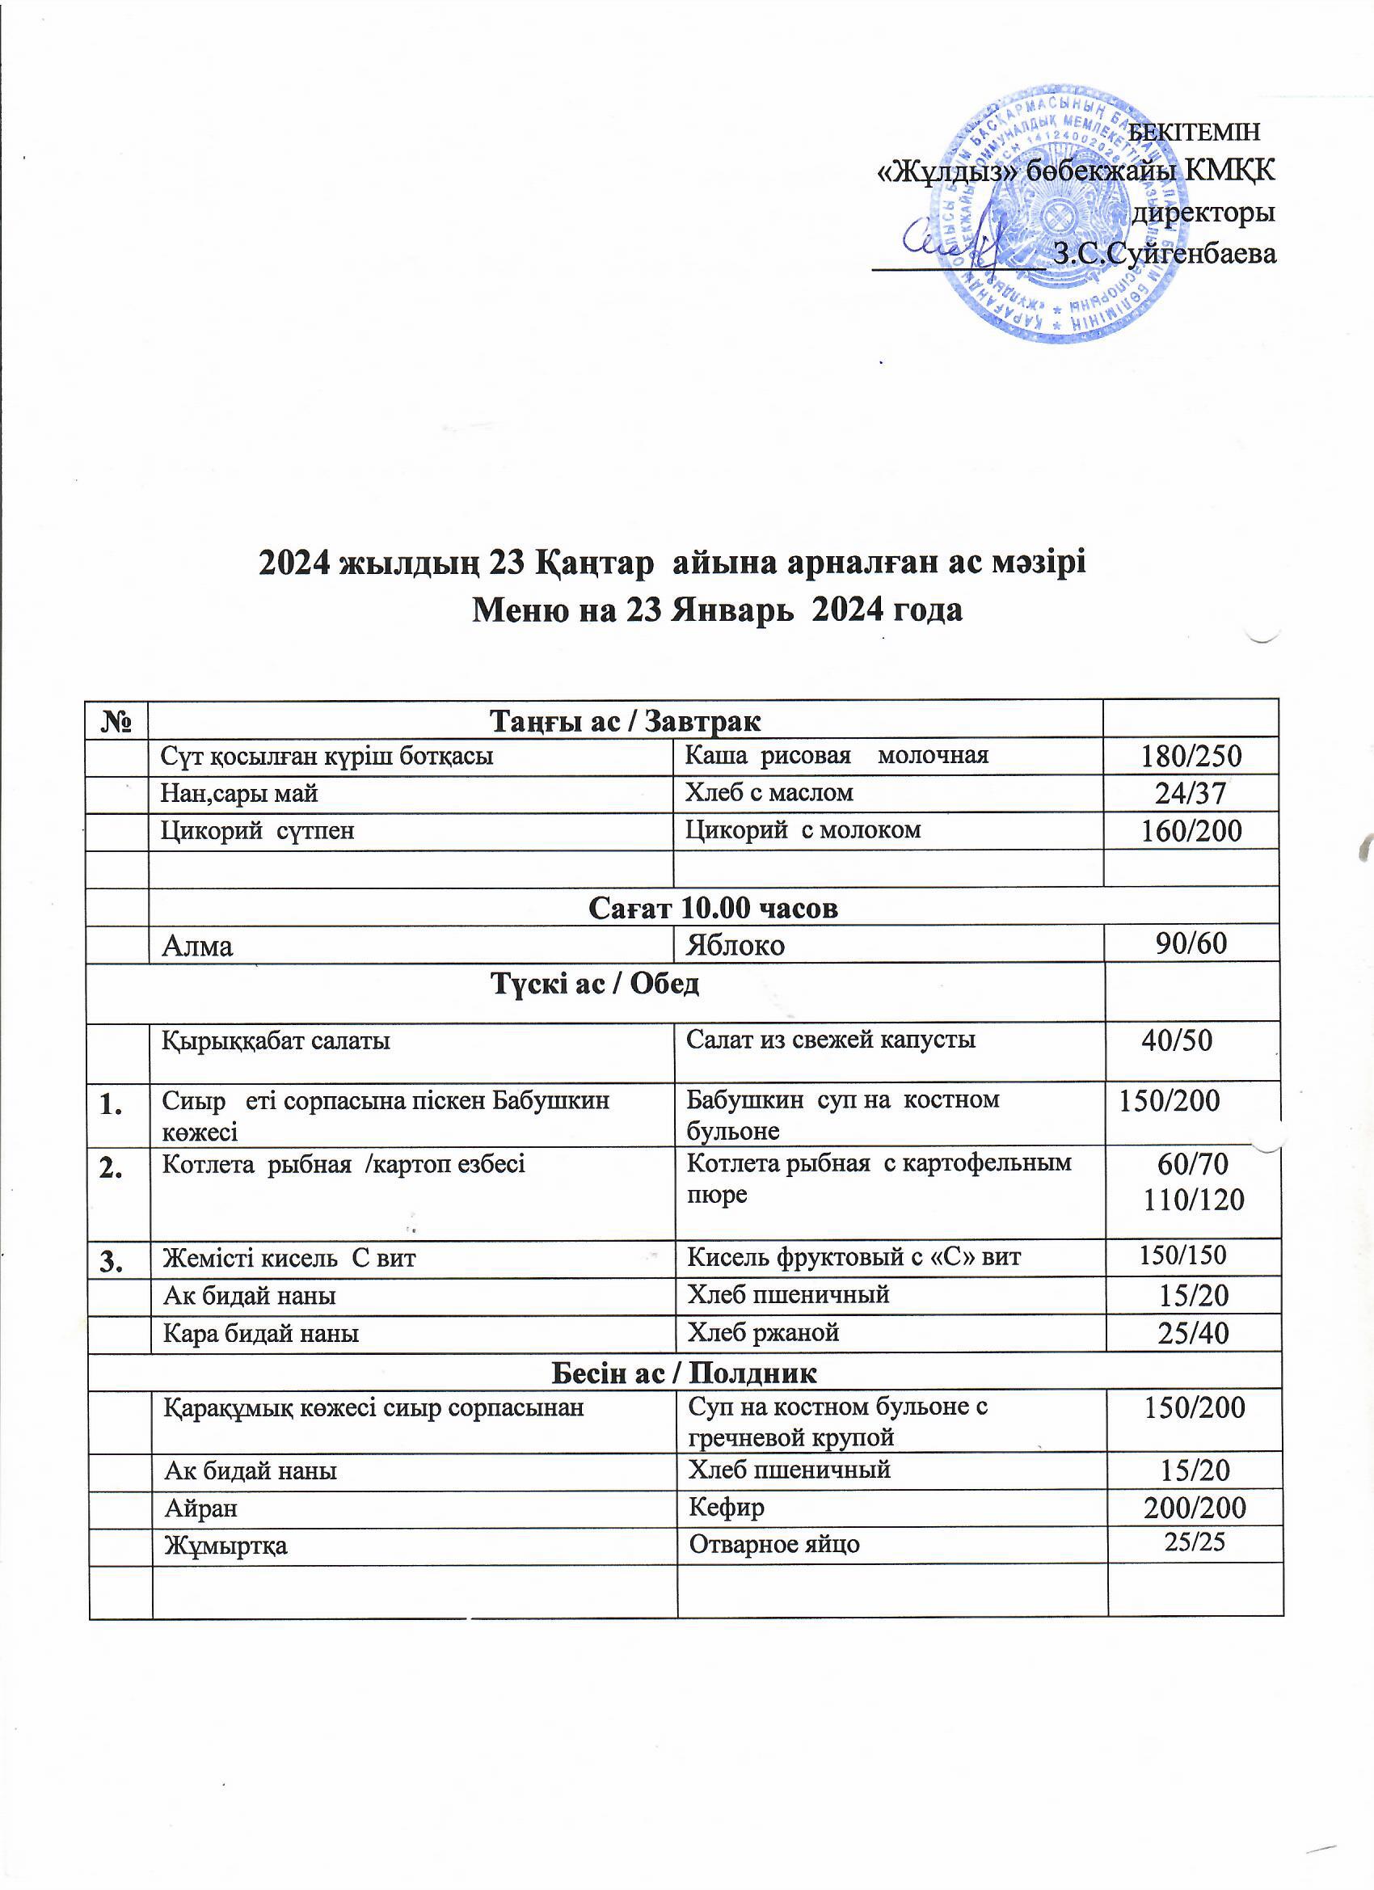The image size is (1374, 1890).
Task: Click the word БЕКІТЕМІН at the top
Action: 1193,132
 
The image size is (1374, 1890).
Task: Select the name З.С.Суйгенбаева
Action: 1164,252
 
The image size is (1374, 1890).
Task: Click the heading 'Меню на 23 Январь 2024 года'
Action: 717,610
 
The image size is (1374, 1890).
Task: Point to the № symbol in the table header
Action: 118,720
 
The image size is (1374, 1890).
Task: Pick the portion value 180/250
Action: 1191,757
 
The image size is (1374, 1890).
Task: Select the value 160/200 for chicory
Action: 1191,831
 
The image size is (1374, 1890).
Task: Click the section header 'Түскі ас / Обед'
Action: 595,984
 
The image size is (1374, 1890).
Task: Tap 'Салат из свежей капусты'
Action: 830,1039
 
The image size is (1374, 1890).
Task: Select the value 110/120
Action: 1193,1200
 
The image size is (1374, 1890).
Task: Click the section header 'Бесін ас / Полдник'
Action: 684,1372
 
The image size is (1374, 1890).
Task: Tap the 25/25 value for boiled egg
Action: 1194,1542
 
